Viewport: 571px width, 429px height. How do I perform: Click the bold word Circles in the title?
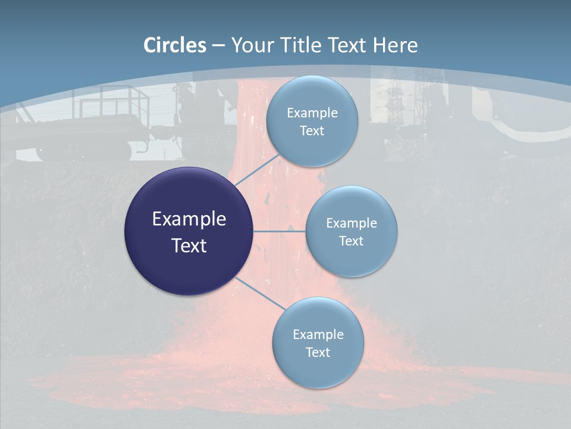(x=175, y=45)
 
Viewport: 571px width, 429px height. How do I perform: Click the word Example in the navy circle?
(x=189, y=219)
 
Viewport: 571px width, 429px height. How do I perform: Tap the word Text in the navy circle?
(x=189, y=245)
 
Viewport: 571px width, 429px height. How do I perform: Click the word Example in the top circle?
(x=312, y=113)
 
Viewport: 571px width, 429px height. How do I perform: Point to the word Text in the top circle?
(x=312, y=131)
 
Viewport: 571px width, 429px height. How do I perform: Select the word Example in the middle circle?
(x=352, y=223)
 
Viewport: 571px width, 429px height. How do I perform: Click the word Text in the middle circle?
(x=352, y=241)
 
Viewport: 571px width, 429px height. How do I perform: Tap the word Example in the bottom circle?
(x=318, y=335)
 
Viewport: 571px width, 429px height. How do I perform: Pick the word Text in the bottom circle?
(x=318, y=353)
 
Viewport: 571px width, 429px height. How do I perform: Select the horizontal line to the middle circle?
(x=279, y=231)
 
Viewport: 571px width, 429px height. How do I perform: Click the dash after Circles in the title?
(x=218, y=45)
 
